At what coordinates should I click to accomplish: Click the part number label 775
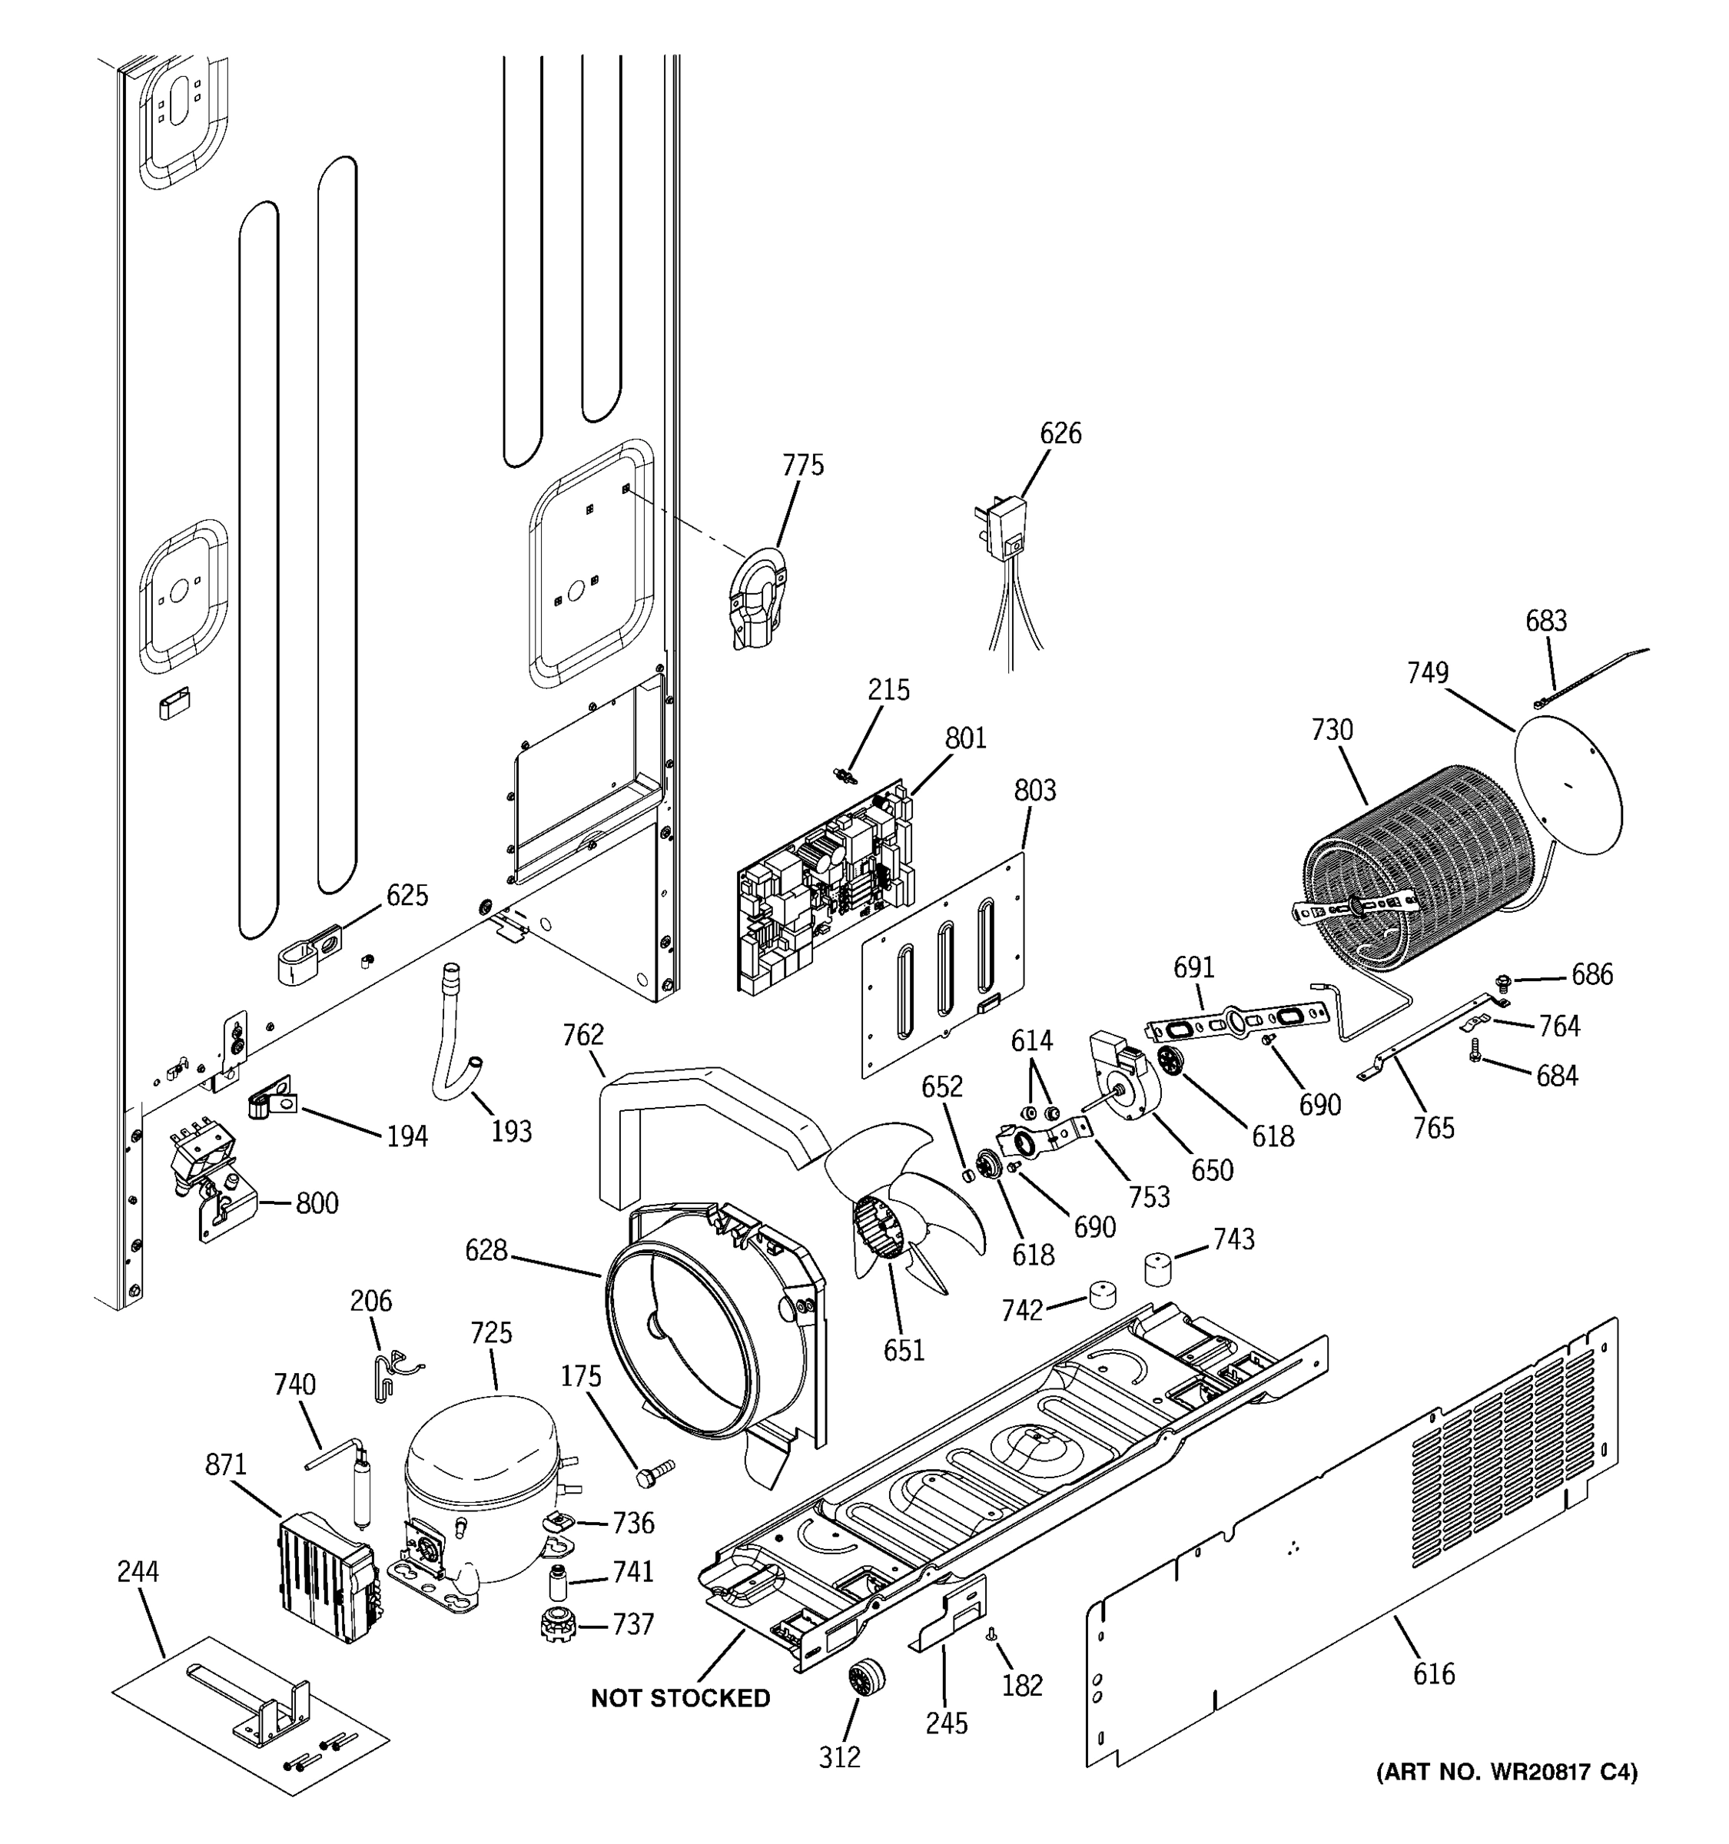pyautogui.click(x=802, y=466)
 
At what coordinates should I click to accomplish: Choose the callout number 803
pyautogui.click(x=1034, y=791)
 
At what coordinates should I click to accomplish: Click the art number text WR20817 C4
pyautogui.click(x=1563, y=1773)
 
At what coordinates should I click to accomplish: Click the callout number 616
pyautogui.click(x=1434, y=1674)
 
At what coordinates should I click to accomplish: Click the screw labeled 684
pyautogui.click(x=1475, y=1050)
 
